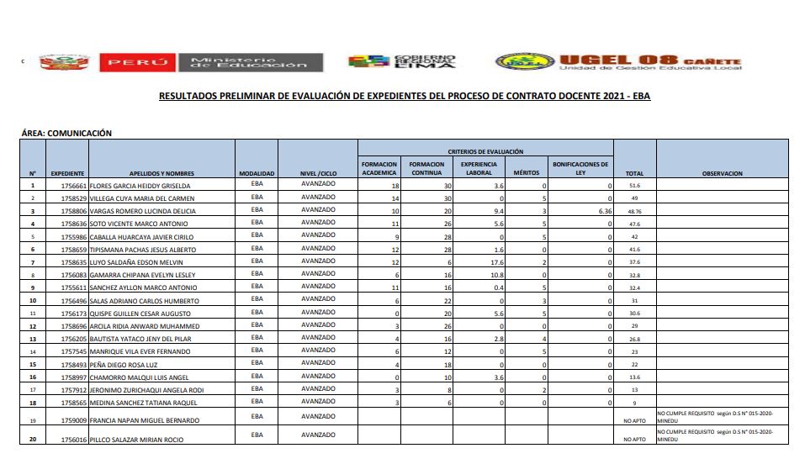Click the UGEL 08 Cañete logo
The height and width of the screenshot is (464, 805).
pos(618,62)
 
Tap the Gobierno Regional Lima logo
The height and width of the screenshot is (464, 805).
pos(401,62)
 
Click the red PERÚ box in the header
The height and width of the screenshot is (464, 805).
pos(137,63)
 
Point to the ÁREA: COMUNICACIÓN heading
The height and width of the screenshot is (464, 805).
pos(66,133)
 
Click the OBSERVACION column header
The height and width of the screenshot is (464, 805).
pos(722,173)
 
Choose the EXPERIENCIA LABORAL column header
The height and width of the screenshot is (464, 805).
pos(479,168)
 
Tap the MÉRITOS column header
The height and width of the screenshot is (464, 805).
pos(526,173)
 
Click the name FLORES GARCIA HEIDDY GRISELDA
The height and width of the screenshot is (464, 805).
pos(140,185)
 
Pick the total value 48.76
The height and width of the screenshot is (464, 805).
pos(634,211)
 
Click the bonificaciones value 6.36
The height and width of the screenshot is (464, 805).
pos(604,211)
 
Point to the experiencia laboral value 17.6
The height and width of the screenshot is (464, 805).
pos(497,261)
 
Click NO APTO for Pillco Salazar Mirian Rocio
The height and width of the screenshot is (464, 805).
pos(634,440)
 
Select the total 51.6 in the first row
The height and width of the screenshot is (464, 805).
pos(634,185)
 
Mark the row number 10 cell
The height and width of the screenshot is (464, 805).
pos(33,300)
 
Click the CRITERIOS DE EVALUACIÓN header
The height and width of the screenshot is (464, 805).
pos(485,150)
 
